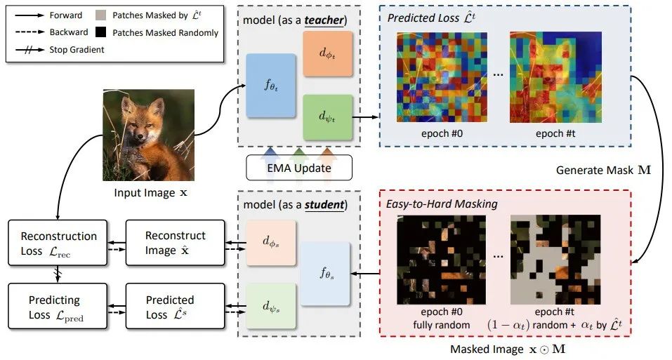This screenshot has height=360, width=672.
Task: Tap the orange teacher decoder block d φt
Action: [326, 55]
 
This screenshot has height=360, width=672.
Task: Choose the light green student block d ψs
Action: [272, 305]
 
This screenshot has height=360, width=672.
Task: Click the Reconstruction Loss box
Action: [59, 243]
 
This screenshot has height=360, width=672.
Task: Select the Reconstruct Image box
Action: [176, 243]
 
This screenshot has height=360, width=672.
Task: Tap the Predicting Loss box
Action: [59, 307]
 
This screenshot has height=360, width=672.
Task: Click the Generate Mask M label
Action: [600, 170]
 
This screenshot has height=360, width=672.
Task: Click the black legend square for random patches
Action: [100, 32]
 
